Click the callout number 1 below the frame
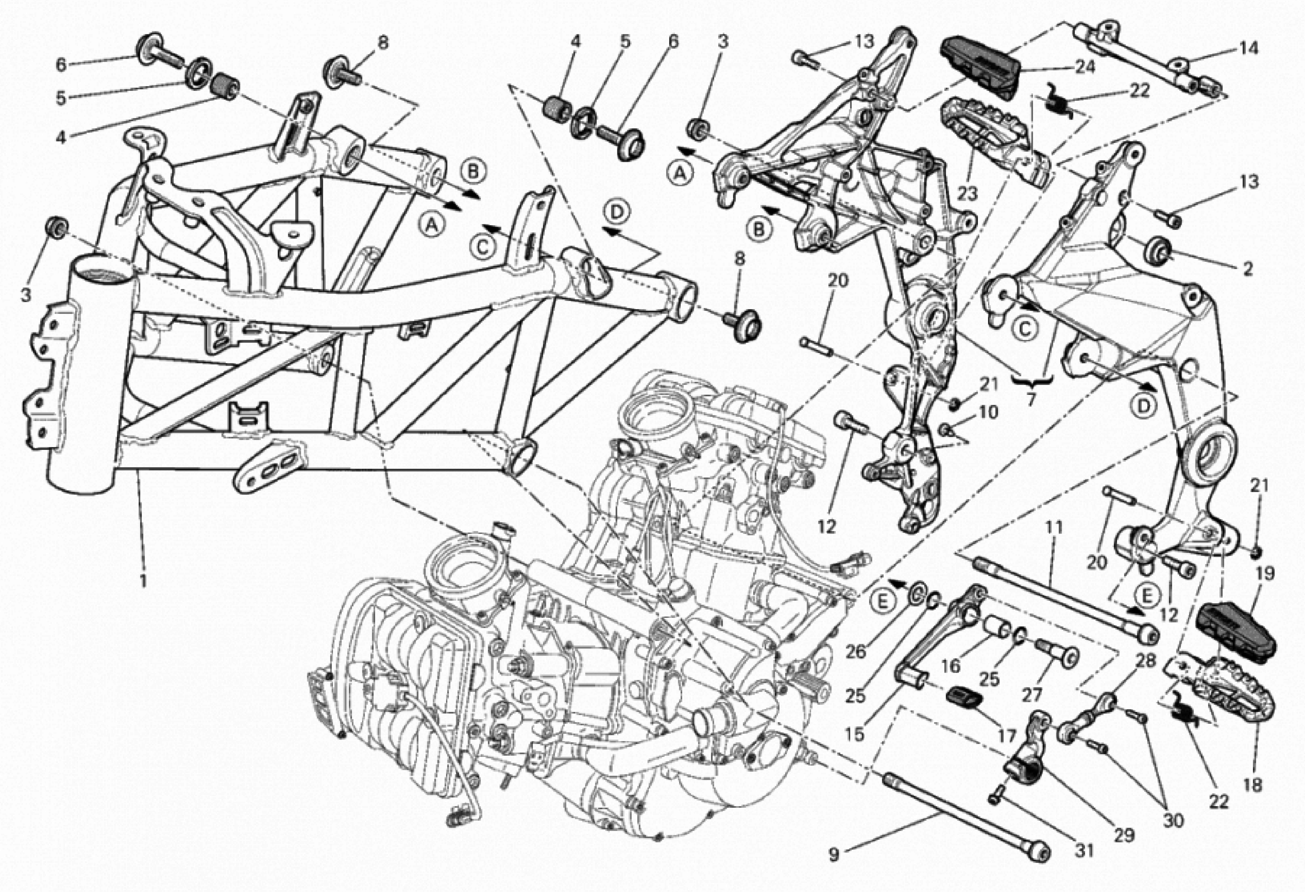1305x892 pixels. point(143,580)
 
